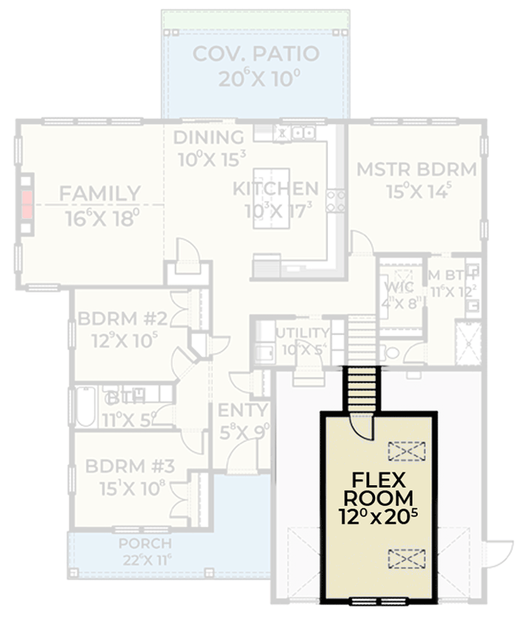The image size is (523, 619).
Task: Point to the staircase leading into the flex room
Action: [x=361, y=389]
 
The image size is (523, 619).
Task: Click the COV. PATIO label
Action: [x=255, y=54]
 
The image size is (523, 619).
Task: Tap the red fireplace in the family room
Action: [x=27, y=205]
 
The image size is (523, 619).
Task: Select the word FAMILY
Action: [x=101, y=193]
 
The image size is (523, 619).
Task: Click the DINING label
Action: [x=208, y=139]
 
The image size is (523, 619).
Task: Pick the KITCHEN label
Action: [x=275, y=189]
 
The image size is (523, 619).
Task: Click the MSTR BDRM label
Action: [x=416, y=169]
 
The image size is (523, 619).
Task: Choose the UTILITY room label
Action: [x=303, y=333]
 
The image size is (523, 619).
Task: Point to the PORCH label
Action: [x=144, y=543]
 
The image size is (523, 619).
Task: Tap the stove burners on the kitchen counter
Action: [x=336, y=201]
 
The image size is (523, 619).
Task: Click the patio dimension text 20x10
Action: [x=255, y=78]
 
